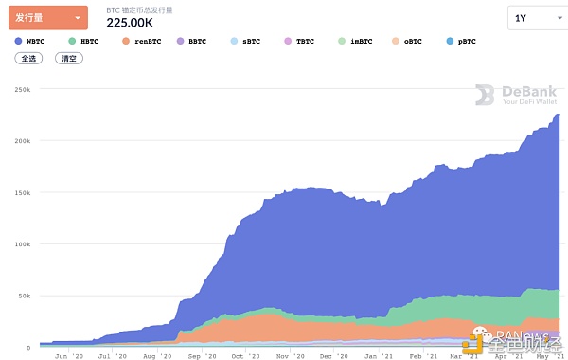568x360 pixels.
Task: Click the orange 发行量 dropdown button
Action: coord(47,17)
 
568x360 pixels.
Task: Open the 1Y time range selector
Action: coord(532,18)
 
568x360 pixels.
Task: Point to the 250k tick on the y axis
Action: coord(24,90)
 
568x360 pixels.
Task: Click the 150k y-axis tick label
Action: coord(24,193)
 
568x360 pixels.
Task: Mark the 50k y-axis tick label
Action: coord(26,296)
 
